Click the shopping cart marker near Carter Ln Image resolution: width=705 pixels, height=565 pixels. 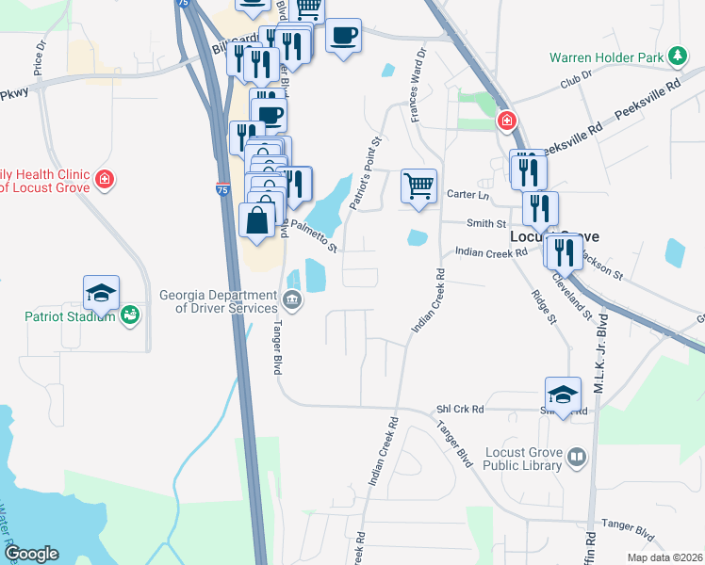(x=418, y=185)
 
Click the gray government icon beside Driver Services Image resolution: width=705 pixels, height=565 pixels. (x=292, y=301)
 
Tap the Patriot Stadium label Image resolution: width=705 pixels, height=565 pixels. (x=70, y=316)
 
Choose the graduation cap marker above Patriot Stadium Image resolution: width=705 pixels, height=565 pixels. (x=101, y=292)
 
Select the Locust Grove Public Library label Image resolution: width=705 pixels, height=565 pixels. (x=524, y=459)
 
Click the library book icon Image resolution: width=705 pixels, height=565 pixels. (x=576, y=459)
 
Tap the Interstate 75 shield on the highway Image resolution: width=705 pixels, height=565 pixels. (x=222, y=189)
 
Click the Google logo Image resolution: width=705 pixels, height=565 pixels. (x=31, y=554)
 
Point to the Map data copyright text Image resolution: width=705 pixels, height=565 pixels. (x=664, y=557)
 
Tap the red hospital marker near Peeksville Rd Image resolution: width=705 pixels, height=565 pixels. (x=507, y=121)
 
